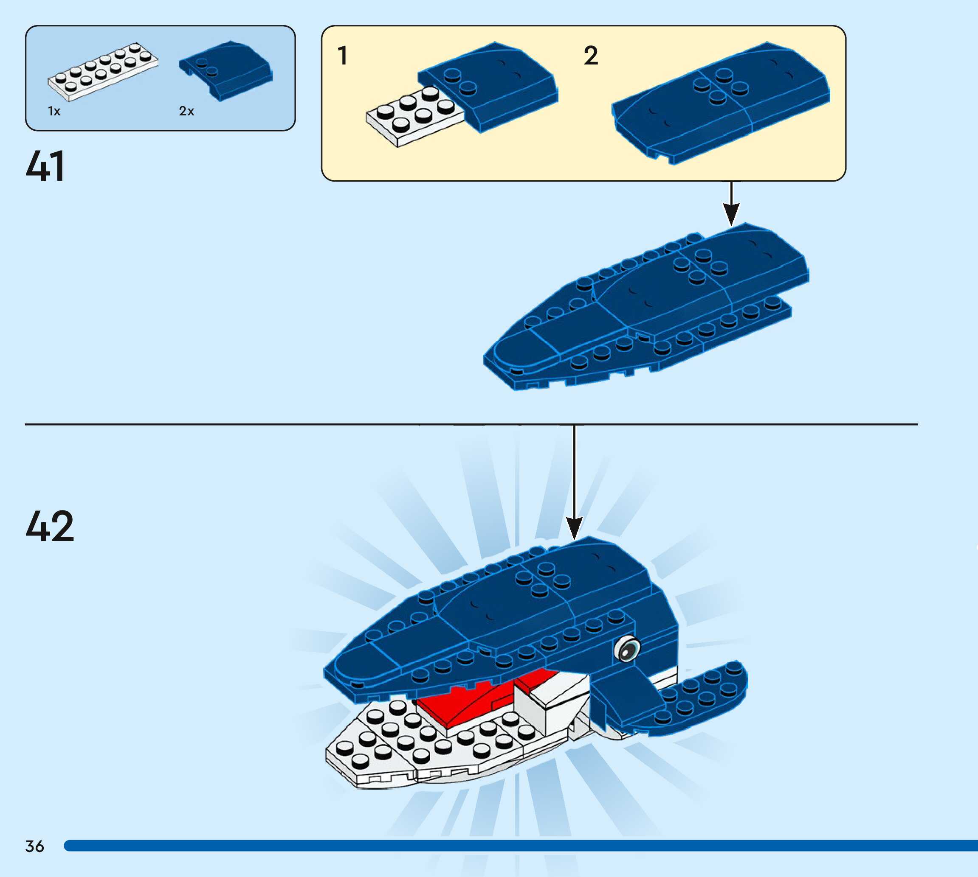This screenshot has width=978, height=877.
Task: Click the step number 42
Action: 50,526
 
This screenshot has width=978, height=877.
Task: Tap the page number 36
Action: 34,846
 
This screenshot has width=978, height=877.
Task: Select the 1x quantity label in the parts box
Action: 54,111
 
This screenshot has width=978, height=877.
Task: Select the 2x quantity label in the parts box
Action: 186,111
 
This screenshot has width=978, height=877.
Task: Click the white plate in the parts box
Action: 103,72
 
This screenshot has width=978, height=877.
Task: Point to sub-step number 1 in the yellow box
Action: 342,56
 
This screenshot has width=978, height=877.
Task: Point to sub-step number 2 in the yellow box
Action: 591,56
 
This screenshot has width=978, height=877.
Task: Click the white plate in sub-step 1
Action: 410,118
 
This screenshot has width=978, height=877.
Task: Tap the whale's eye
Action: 627,649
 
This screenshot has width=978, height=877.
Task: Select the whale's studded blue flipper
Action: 699,694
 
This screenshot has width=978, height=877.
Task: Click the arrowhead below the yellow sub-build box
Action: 731,213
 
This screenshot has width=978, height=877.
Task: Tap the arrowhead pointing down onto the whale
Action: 574,528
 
